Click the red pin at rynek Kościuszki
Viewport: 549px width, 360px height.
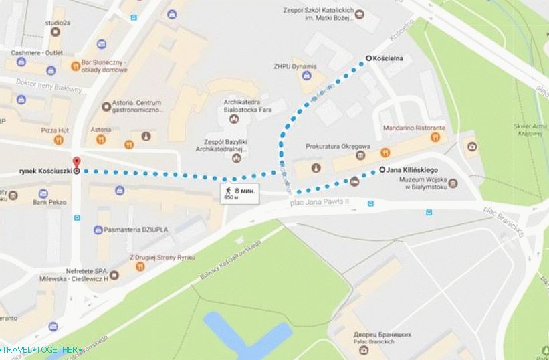coord(76,163)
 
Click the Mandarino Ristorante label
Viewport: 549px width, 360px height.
coord(413,127)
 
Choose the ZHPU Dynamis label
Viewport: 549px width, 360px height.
coord(294,67)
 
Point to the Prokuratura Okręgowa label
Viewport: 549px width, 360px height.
coord(338,145)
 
